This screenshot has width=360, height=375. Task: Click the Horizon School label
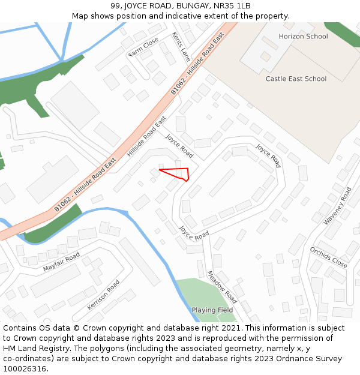pyautogui.click(x=303, y=37)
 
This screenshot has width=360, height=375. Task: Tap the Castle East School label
pyautogui.click(x=296, y=79)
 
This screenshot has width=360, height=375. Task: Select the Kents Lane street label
pyautogui.click(x=181, y=46)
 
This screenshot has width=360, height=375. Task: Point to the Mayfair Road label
pyautogui.click(x=61, y=262)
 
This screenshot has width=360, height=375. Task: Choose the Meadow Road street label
pyautogui.click(x=221, y=287)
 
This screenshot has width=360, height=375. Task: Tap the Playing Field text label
pyautogui.click(x=212, y=310)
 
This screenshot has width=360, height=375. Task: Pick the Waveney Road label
pyautogui.click(x=338, y=206)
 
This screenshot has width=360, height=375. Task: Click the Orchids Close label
pyautogui.click(x=328, y=257)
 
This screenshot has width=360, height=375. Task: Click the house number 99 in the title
pyautogui.click(x=115, y=6)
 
